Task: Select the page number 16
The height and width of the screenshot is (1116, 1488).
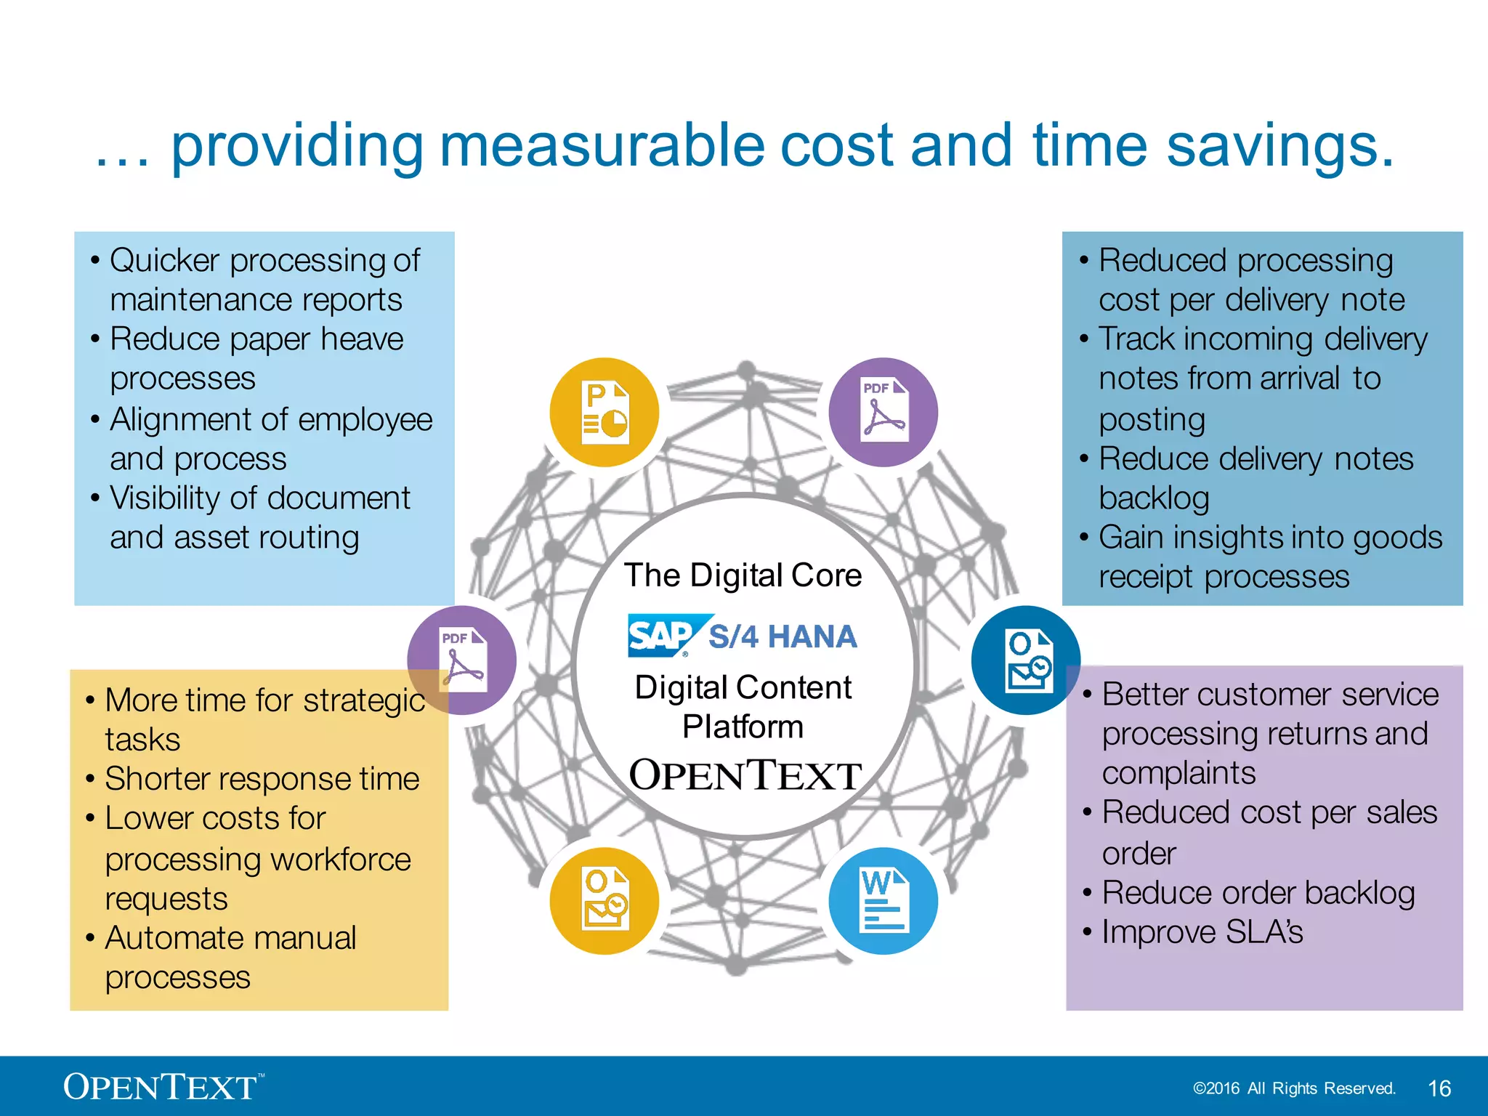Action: coord(1439,1088)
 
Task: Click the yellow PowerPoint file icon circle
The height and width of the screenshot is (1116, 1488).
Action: coord(604,412)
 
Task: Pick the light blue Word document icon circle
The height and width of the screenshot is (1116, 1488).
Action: coord(883,901)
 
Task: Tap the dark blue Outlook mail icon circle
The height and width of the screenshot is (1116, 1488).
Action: coord(1026,660)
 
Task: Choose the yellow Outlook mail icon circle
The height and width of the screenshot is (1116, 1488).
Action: coord(604,901)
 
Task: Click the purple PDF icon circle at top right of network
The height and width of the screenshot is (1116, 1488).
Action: coord(883,412)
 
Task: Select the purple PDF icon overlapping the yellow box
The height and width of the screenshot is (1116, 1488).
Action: coord(462,660)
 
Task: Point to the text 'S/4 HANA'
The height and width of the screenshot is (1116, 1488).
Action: coord(783,636)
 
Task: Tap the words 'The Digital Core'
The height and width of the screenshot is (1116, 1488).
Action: coord(743,575)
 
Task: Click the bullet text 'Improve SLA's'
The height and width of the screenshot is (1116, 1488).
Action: coord(1202,932)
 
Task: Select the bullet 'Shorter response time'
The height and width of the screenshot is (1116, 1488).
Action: coord(262,779)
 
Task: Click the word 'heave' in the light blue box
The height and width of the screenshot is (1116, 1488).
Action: coord(362,339)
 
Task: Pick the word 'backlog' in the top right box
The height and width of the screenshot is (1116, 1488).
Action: coord(1154,498)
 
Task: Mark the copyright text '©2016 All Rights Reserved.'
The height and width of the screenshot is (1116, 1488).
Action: coord(1294,1088)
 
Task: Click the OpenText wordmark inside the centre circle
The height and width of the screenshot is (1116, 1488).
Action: coord(745,775)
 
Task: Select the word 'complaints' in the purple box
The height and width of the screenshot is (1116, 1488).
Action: coord(1178,772)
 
